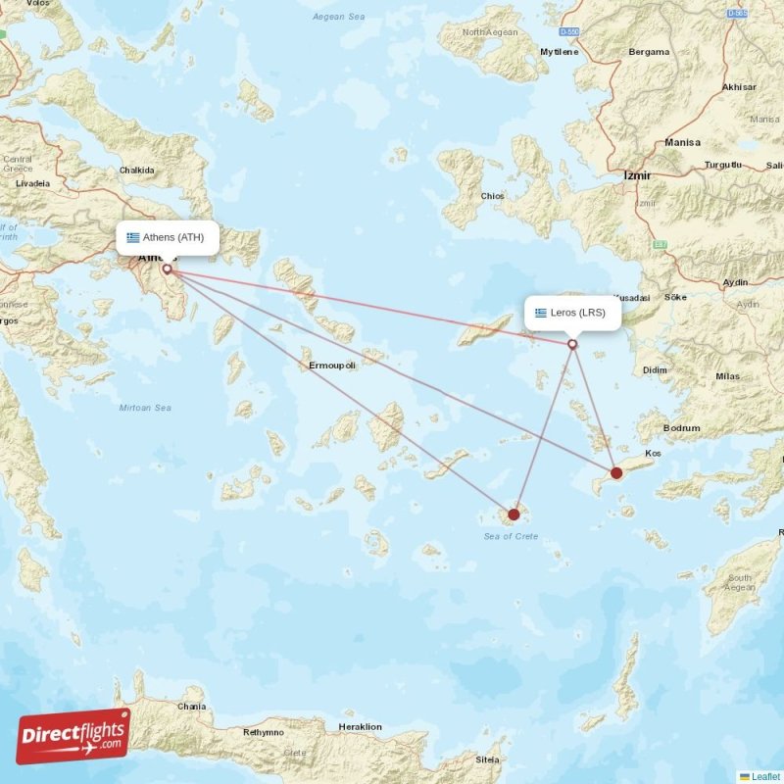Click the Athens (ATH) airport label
(167, 237)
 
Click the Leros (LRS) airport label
(572, 314)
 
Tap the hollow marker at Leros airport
(573, 344)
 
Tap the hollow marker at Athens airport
(167, 269)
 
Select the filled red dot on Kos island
(616, 473)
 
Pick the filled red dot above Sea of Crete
(514, 514)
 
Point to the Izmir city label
(637, 175)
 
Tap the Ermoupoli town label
(332, 366)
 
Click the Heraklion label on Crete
(359, 727)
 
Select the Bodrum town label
(682, 428)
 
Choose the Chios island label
(492, 196)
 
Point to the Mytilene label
(560, 52)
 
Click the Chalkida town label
(136, 171)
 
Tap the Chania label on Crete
(192, 707)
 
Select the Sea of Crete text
(511, 536)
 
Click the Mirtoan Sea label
(144, 408)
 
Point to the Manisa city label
(682, 142)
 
